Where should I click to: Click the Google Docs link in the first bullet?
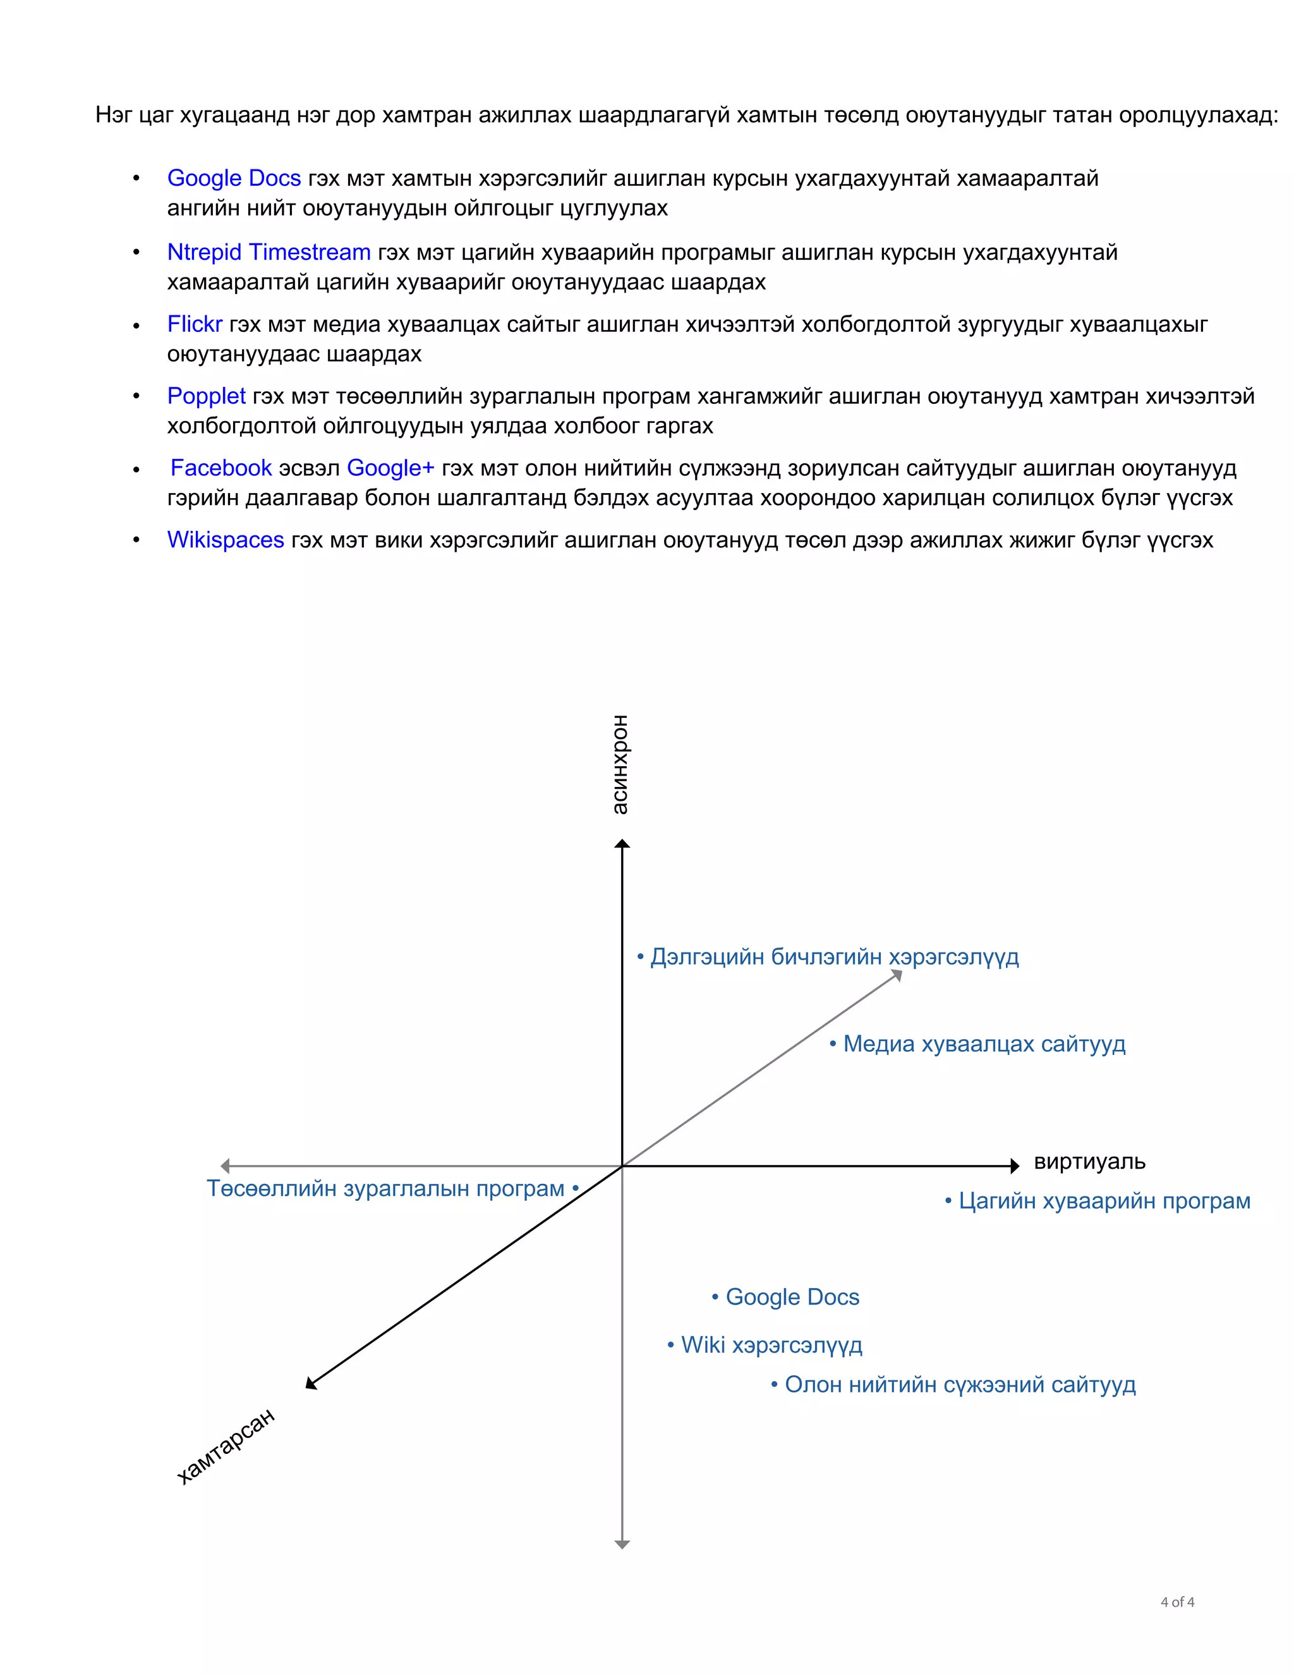point(234,178)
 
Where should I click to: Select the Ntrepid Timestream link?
point(269,252)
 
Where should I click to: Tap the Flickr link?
point(195,324)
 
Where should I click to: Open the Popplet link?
point(206,396)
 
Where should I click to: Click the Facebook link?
point(221,468)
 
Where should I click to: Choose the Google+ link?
point(390,468)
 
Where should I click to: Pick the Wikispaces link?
point(226,540)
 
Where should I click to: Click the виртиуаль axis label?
point(1089,1161)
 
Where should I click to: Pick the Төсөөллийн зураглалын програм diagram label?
point(385,1189)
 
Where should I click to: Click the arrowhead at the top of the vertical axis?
point(622,844)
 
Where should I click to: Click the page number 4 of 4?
point(1178,1602)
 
